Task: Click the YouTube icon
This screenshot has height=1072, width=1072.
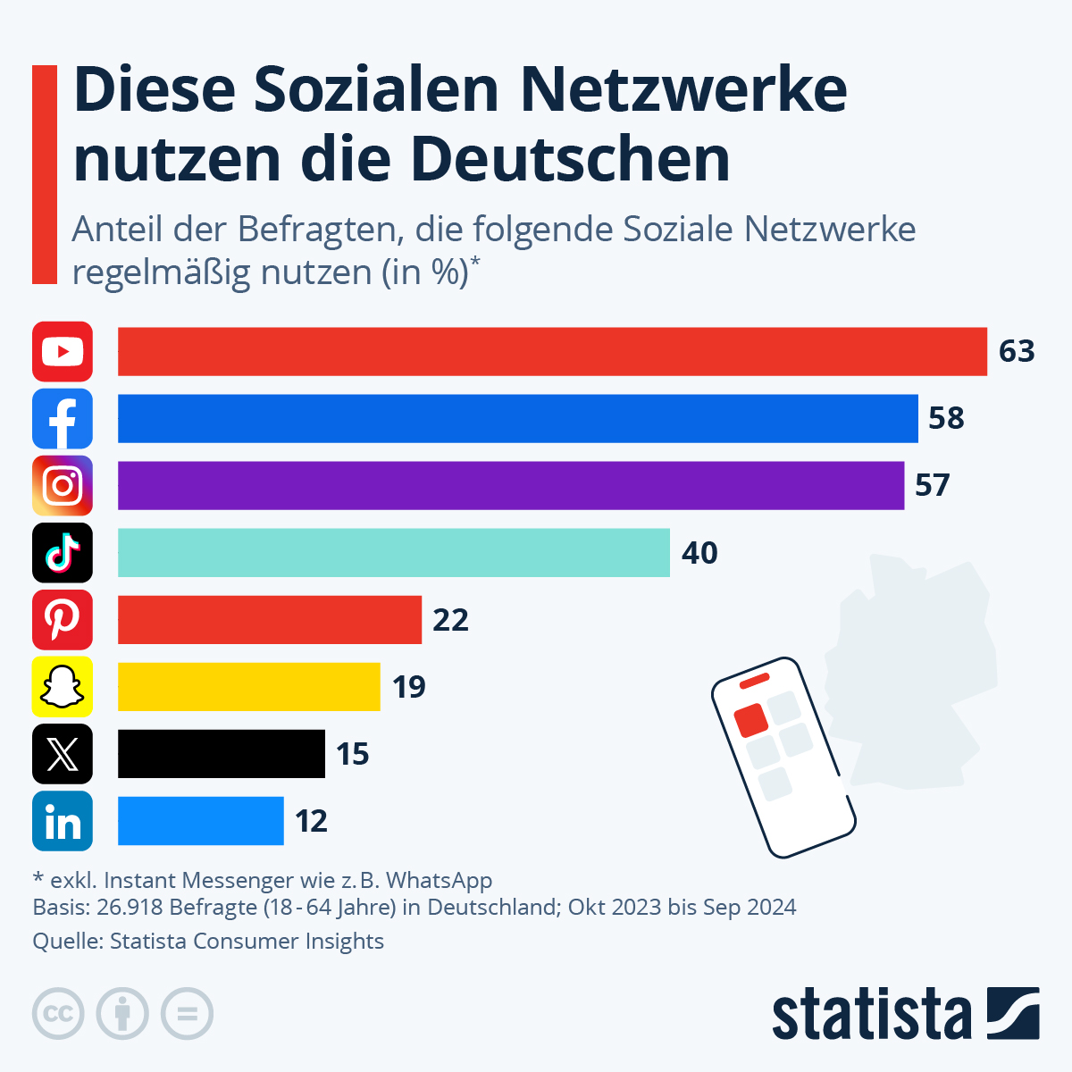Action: (x=63, y=351)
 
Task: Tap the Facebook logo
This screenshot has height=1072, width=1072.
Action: (x=63, y=418)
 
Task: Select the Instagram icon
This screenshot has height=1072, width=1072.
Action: (x=63, y=485)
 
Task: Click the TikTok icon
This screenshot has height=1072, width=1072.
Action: (x=63, y=552)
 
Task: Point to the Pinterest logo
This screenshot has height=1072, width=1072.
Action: (x=63, y=619)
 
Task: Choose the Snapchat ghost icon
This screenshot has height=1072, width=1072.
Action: (x=63, y=686)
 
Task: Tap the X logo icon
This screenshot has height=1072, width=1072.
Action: (x=63, y=753)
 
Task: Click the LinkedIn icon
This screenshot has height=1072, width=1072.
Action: (x=63, y=820)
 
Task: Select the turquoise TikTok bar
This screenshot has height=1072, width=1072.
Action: (x=393, y=552)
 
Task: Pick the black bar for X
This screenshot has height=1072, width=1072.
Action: (x=221, y=753)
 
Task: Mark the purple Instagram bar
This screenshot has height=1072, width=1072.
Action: (x=510, y=485)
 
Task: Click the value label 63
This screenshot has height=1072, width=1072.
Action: (x=1017, y=351)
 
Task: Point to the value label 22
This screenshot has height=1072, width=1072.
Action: (x=450, y=619)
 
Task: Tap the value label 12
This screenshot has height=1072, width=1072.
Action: (x=311, y=820)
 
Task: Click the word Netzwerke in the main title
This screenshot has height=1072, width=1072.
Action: (x=683, y=89)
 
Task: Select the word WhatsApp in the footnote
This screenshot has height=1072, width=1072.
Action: (x=439, y=880)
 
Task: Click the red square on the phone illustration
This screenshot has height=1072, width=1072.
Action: (x=750, y=720)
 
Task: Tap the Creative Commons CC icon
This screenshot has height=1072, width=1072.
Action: (x=58, y=1014)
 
